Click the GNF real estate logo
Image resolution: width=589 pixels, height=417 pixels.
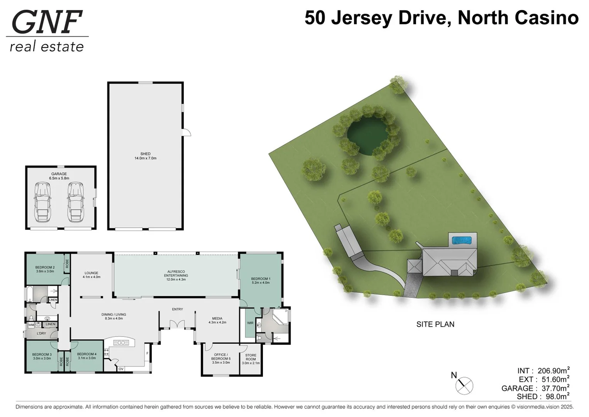[x=47, y=31]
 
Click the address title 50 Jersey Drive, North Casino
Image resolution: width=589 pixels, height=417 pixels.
[x=441, y=18]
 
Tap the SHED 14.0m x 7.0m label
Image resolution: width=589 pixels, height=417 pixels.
[x=146, y=156]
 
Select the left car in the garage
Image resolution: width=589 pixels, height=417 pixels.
[x=42, y=202]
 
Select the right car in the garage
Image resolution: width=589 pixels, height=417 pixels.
[x=76, y=202]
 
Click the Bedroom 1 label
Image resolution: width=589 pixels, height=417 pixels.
[x=261, y=280]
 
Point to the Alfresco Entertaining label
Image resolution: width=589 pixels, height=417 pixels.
[x=176, y=275]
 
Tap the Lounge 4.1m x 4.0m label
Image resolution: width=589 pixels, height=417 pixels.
[x=91, y=275]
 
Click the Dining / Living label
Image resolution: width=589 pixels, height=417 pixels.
[x=113, y=317]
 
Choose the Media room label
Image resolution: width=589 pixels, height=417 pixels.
[x=217, y=320]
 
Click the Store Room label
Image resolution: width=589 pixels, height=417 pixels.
[x=250, y=359]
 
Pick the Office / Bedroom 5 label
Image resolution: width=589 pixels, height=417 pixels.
[x=221, y=358]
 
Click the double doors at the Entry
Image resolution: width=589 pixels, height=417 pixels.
[x=177, y=324]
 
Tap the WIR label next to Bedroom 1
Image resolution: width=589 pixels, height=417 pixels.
[x=250, y=323]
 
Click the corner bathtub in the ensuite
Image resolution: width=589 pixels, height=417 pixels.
[x=280, y=317]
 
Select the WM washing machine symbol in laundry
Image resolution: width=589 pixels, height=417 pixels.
[x=31, y=325]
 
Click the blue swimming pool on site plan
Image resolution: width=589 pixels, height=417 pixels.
[x=462, y=241]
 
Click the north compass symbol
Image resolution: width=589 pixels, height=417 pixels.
[x=464, y=385]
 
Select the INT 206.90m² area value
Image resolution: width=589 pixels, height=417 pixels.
[x=553, y=371]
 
